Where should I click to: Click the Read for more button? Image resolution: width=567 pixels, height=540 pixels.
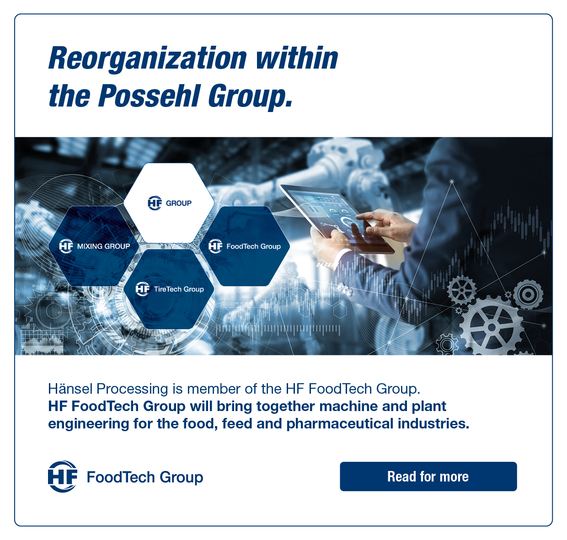pyautogui.click(x=428, y=476)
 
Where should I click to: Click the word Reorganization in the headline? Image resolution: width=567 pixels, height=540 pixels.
pyautogui.click(x=147, y=59)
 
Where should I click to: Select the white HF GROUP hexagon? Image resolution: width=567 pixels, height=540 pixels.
pyautogui.click(x=169, y=203)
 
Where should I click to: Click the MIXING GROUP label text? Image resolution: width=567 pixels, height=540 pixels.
pyautogui.click(x=103, y=246)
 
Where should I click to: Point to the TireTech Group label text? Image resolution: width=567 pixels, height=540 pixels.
pyautogui.click(x=179, y=289)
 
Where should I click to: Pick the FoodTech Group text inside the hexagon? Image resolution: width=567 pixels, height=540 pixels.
pyautogui.click(x=253, y=246)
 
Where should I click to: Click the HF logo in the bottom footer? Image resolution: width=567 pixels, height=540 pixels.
pyautogui.click(x=63, y=476)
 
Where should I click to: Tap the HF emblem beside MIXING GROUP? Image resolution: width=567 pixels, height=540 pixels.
pyautogui.click(x=66, y=246)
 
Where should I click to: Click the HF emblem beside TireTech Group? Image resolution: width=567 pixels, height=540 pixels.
pyautogui.click(x=143, y=289)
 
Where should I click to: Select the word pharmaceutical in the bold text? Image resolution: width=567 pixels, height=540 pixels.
pyautogui.click(x=340, y=424)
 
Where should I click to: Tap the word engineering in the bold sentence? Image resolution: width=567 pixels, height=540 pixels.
pyautogui.click(x=88, y=424)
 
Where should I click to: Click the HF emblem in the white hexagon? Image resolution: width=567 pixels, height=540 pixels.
pyautogui.click(x=155, y=203)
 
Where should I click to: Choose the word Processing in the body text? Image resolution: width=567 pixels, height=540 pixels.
pyautogui.click(x=132, y=389)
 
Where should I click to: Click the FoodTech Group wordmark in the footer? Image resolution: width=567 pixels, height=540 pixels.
pyautogui.click(x=145, y=477)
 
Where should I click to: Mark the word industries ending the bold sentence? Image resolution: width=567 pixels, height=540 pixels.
pyautogui.click(x=433, y=423)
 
